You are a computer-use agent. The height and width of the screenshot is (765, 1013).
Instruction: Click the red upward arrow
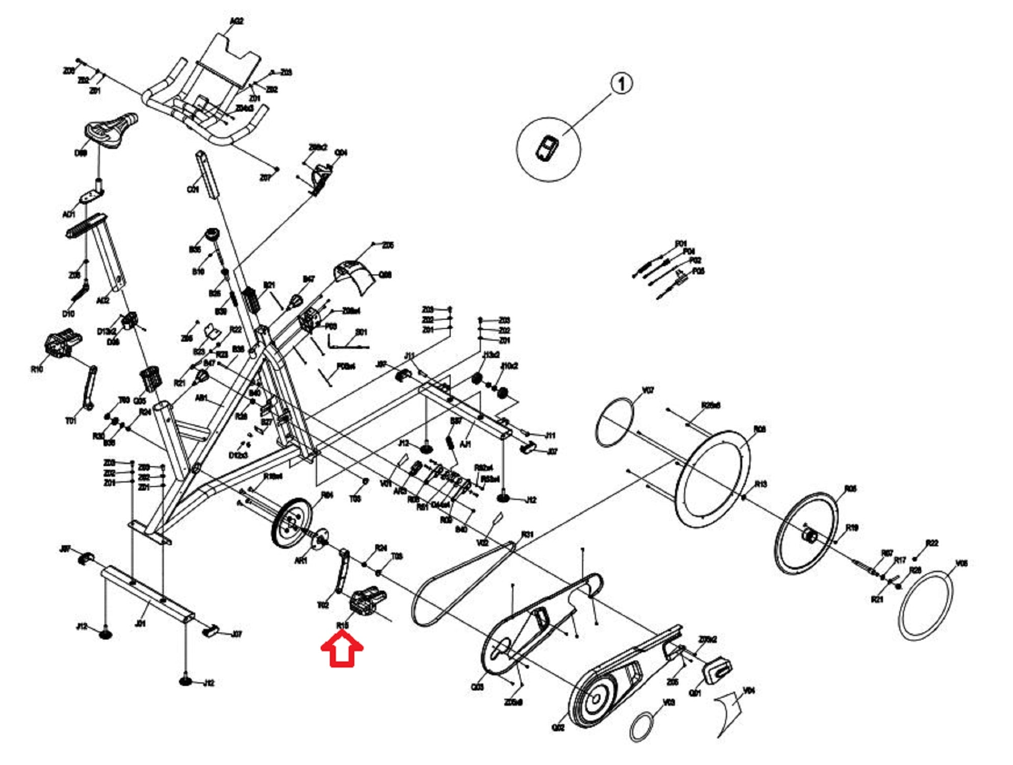pos(342,649)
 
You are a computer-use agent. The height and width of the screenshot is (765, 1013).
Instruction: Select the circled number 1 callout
pos(621,83)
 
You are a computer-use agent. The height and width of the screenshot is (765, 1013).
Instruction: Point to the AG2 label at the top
pos(237,21)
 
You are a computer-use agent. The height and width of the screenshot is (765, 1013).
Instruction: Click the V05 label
pos(961,564)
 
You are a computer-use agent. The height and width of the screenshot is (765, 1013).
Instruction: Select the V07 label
pos(647,390)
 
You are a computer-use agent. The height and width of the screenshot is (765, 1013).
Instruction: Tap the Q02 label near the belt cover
pos(558,727)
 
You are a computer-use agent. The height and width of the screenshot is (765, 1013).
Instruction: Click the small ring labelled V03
pos(641,726)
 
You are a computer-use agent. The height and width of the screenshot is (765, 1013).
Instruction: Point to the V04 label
pos(749,691)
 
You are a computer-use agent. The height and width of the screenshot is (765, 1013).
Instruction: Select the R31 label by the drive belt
pos(527,534)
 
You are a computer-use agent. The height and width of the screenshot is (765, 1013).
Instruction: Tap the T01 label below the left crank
pos(70,421)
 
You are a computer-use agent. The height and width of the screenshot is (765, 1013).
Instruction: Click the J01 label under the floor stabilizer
pos(140,623)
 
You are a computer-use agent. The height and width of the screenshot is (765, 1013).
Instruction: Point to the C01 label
pos(193,190)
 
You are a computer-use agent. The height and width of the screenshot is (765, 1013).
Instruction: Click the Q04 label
pos(341,152)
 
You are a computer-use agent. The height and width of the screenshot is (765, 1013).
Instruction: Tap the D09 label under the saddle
pos(81,153)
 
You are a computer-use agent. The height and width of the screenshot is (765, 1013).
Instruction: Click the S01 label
pos(361,332)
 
